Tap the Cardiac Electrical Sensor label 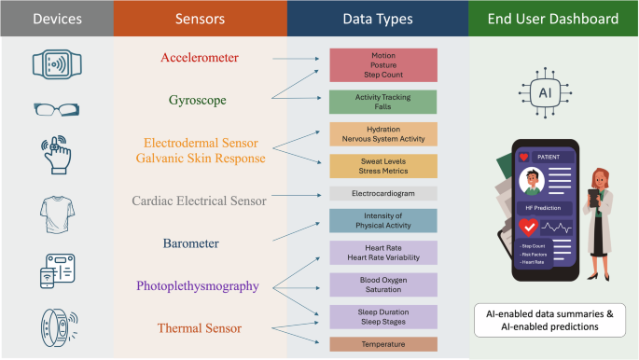(x=200, y=200)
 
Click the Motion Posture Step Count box (x=383, y=65)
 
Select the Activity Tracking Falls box (x=383, y=102)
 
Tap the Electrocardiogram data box (x=383, y=194)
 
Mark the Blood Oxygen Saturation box (x=383, y=284)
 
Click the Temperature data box (x=383, y=344)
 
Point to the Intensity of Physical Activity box (x=383, y=221)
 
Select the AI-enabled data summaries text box (x=551, y=319)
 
